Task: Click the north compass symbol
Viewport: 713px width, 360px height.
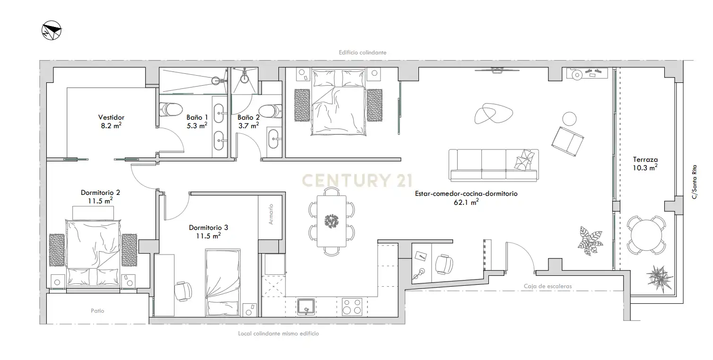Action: (x=52, y=30)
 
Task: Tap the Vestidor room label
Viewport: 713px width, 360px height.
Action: (x=111, y=118)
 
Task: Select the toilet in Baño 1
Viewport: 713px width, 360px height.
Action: (x=171, y=110)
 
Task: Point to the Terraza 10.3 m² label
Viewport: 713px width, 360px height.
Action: (x=645, y=164)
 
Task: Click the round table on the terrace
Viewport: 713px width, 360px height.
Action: (x=646, y=236)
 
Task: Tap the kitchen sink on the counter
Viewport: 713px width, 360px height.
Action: (x=306, y=307)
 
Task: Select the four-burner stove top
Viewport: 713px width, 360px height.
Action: (x=352, y=307)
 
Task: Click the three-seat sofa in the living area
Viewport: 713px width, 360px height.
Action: (x=494, y=165)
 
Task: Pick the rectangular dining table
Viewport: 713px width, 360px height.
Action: (x=331, y=221)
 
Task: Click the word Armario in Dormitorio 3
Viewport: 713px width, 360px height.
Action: (x=270, y=214)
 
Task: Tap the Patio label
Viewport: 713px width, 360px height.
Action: (x=97, y=311)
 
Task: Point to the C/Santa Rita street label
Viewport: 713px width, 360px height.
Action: (x=695, y=182)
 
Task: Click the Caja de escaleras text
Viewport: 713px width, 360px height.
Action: (x=548, y=286)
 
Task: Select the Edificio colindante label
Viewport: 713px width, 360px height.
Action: (x=363, y=53)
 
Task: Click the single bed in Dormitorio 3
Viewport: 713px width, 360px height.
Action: (x=223, y=282)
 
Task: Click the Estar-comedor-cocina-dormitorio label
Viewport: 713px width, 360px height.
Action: (x=466, y=198)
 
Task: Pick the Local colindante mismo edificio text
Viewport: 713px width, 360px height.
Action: (x=278, y=334)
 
